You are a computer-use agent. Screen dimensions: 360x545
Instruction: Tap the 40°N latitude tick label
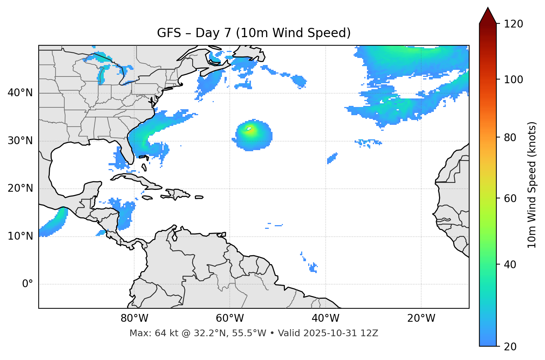pyautogui.click(x=20, y=93)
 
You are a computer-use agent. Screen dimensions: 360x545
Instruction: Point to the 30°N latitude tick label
pyautogui.click(x=20, y=141)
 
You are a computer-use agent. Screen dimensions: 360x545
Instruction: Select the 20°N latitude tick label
pyautogui.click(x=20, y=188)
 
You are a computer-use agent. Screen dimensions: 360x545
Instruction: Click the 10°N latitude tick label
pyautogui.click(x=20, y=236)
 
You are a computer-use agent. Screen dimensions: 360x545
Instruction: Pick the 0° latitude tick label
pyautogui.click(x=28, y=284)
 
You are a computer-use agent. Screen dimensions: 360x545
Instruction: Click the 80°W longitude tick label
pyautogui.click(x=134, y=318)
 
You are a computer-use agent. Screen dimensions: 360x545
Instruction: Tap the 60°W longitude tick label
pyautogui.click(x=230, y=318)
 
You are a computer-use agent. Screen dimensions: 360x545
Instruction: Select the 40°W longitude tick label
pyautogui.click(x=325, y=318)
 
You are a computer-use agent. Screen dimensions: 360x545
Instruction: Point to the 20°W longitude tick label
pyautogui.click(x=421, y=318)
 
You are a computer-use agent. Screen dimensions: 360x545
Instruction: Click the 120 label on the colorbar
pyautogui.click(x=513, y=24)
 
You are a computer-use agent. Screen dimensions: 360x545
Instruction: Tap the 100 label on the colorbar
pyautogui.click(x=513, y=80)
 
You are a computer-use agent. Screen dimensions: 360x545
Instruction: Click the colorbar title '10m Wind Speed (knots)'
pyautogui.click(x=532, y=185)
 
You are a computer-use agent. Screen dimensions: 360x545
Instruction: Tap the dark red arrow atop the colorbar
pyautogui.click(x=488, y=16)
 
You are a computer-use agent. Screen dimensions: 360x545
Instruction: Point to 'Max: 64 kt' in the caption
pyautogui.click(x=148, y=333)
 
